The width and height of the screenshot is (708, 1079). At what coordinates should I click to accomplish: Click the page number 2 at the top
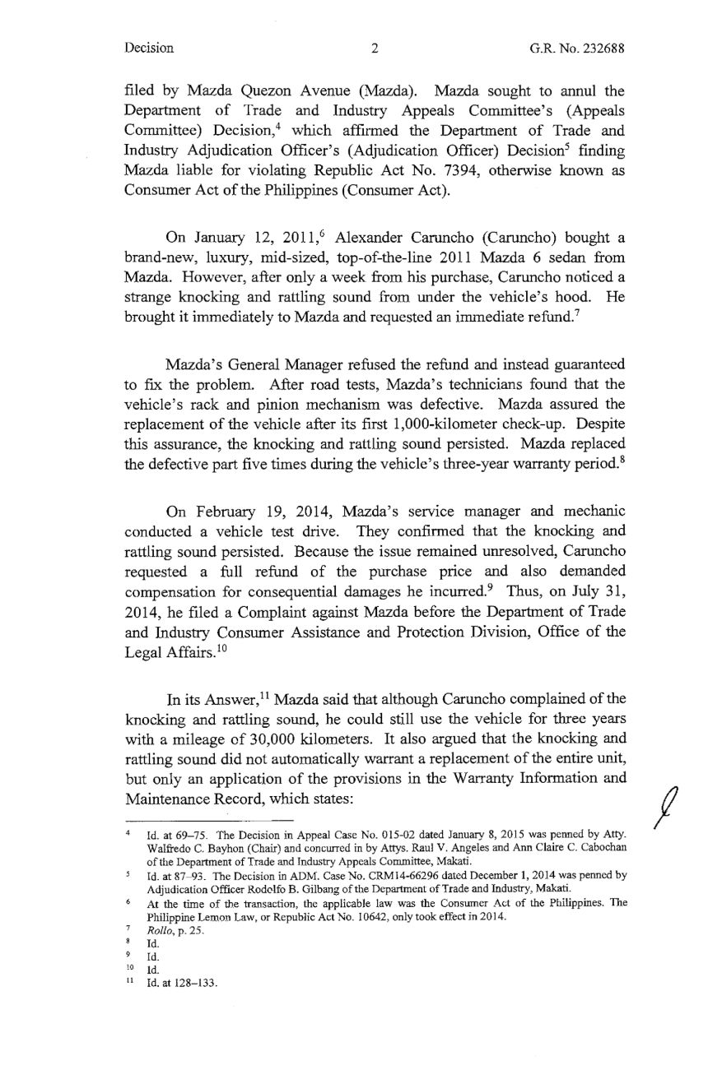[374, 48]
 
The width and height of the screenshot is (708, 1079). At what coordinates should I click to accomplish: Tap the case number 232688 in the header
[603, 48]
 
